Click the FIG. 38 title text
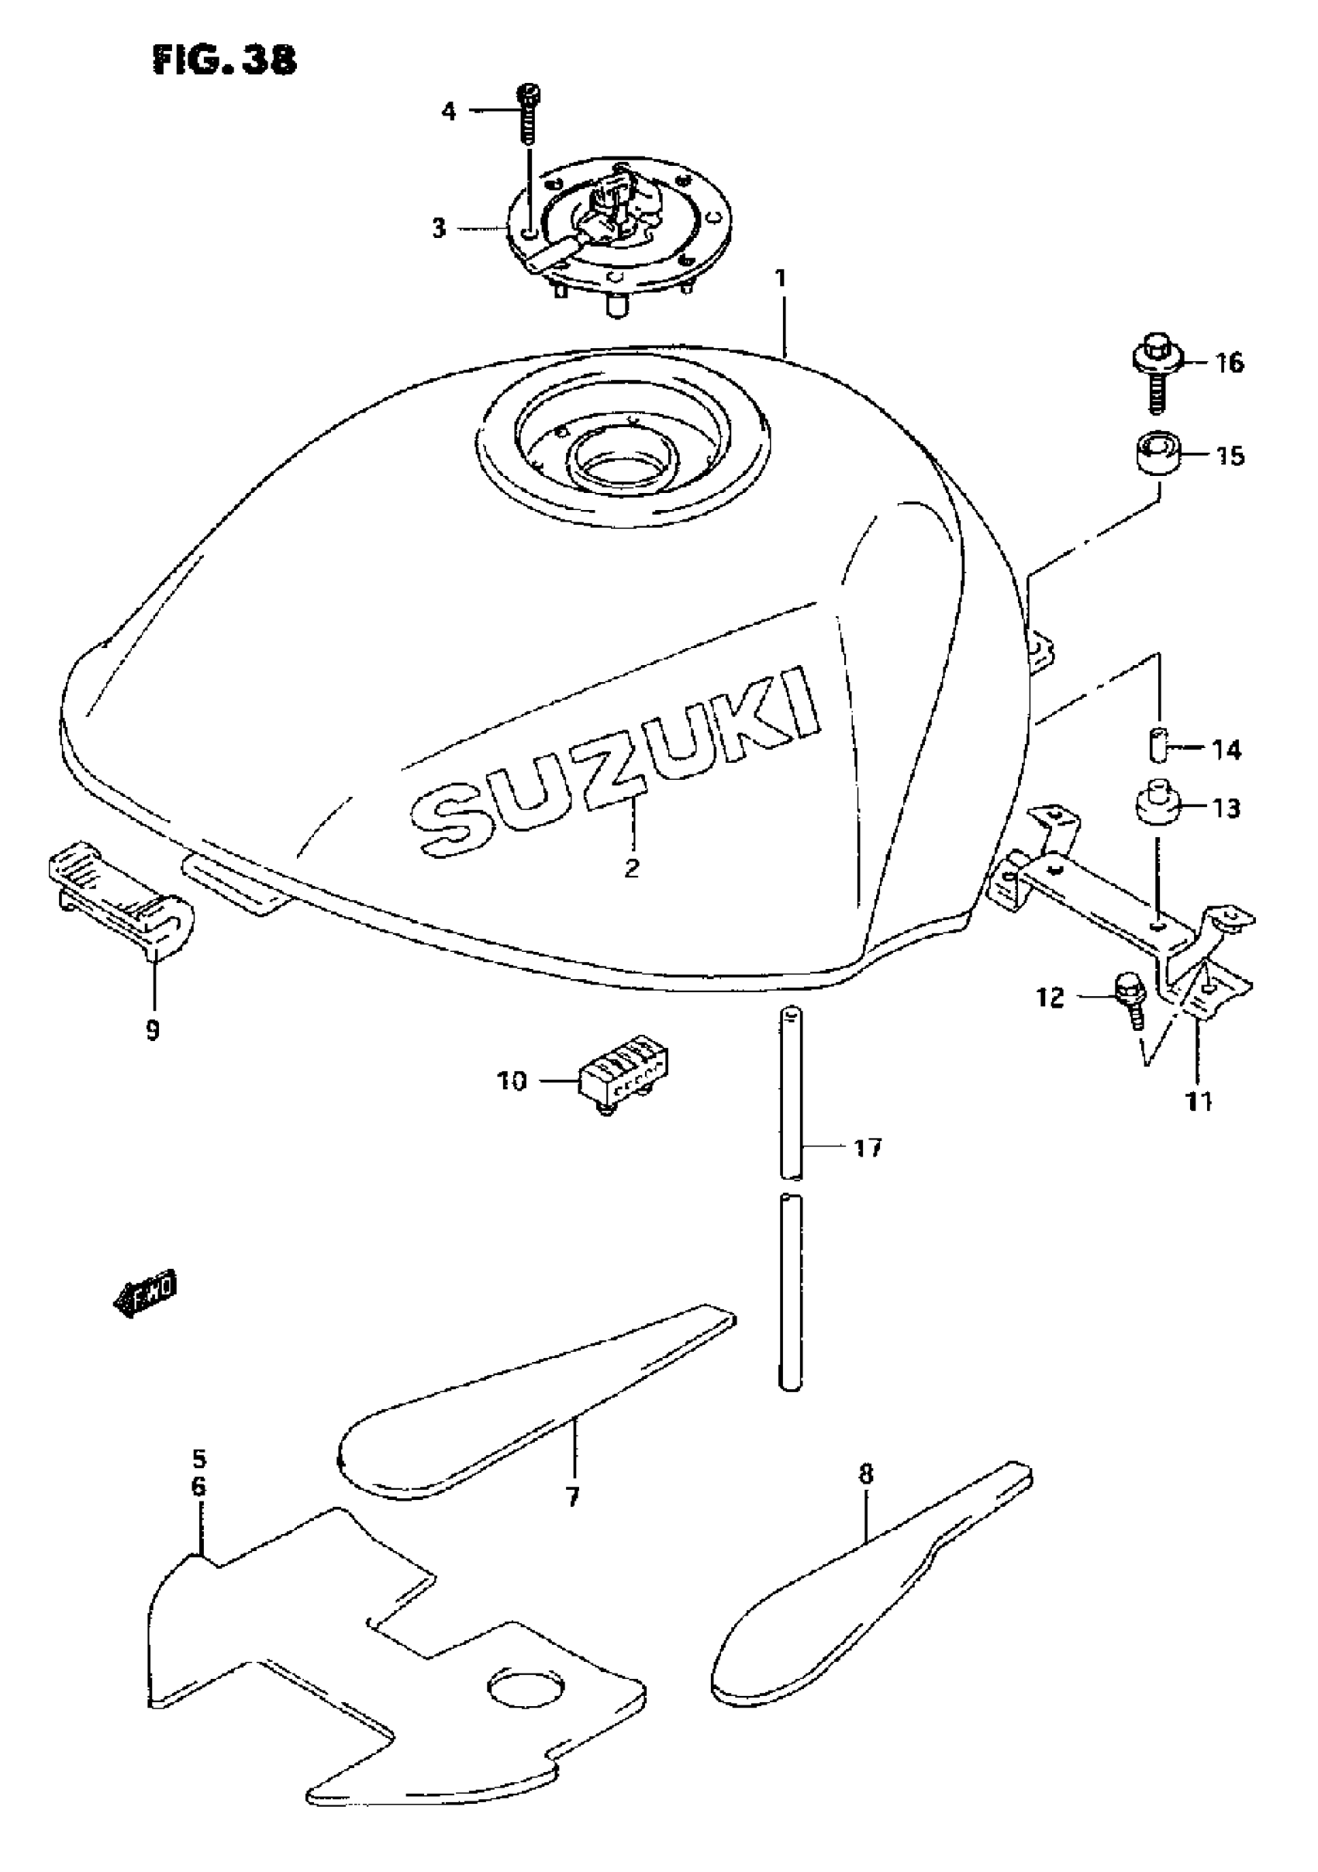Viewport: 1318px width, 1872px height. click(x=224, y=61)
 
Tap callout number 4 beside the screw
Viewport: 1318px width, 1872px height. click(x=449, y=111)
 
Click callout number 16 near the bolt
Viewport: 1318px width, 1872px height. click(x=1229, y=362)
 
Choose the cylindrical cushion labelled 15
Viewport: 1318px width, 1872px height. click(x=1157, y=454)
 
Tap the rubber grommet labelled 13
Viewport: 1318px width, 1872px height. click(x=1158, y=805)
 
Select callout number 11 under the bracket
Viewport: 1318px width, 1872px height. click(x=1198, y=1102)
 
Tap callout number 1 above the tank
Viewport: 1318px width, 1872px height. click(x=781, y=279)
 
